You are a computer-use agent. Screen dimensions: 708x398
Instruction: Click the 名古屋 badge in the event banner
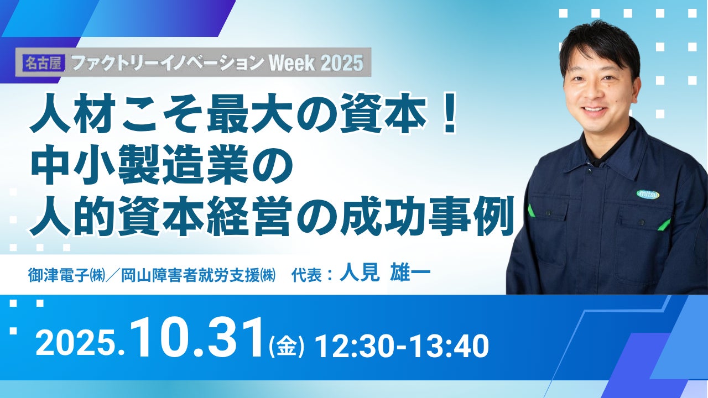pos(44,62)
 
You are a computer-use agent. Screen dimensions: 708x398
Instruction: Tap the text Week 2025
pos(316,63)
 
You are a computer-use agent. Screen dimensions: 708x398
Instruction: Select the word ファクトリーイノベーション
pos(168,63)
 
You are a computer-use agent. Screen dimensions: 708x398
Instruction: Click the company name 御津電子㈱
pos(67,275)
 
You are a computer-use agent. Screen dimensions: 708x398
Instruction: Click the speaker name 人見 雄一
pos(384,274)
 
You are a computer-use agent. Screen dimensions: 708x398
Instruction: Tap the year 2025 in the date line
pos(75,346)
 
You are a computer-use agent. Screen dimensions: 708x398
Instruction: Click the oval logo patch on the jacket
pos(648,194)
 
